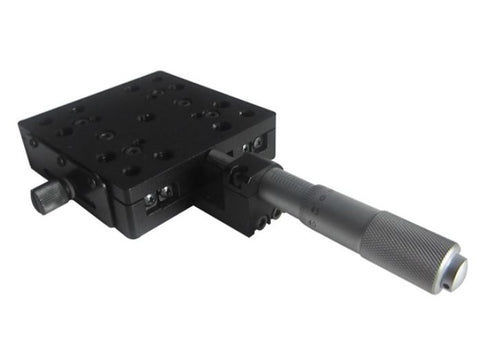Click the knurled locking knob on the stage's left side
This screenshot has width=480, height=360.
coord(47,197)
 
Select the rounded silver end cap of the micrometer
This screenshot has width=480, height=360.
coord(455,273)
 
